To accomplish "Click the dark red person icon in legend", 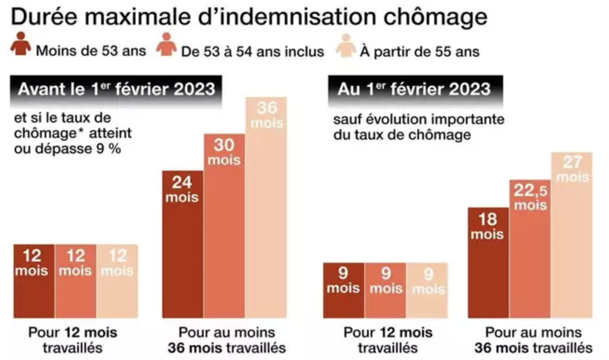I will click(x=21, y=44).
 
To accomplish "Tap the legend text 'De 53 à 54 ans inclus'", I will click(x=253, y=51).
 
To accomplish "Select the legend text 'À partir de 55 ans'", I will click(x=419, y=51).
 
